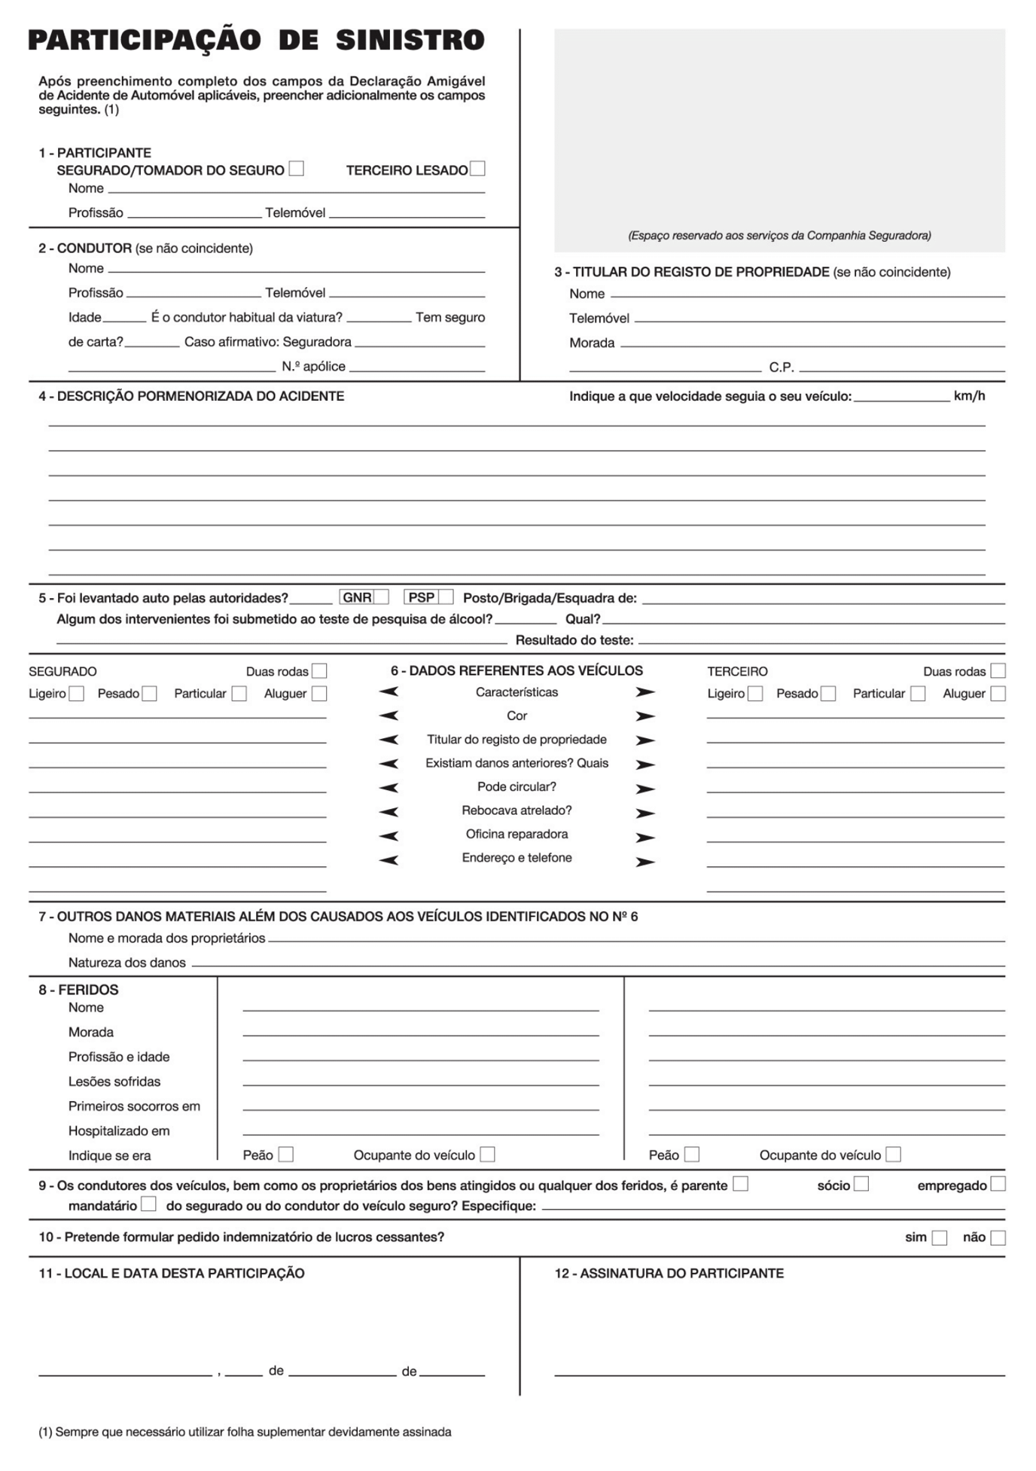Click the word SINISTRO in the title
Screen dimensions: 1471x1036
(x=410, y=40)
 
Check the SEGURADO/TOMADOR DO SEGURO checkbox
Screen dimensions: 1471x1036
(x=297, y=169)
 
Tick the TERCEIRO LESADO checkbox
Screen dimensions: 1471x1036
(x=477, y=169)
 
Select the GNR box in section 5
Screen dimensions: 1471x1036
(x=381, y=597)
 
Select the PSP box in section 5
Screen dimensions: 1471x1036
(x=446, y=597)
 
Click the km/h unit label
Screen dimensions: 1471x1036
(x=969, y=396)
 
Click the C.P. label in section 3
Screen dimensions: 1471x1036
(x=781, y=368)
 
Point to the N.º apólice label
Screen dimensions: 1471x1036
(x=313, y=367)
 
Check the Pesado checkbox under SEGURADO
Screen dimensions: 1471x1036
(x=149, y=694)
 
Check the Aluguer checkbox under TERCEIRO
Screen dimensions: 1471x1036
(x=998, y=694)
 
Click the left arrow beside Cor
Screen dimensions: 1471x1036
(x=388, y=716)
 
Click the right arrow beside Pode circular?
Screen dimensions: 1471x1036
(x=645, y=789)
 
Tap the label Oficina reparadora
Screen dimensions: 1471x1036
(x=516, y=834)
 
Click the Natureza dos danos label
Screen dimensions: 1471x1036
(x=126, y=963)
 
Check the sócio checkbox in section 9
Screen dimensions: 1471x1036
(x=861, y=1184)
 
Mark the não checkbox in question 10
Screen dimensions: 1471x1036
(x=998, y=1238)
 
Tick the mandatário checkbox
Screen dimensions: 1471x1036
(x=149, y=1204)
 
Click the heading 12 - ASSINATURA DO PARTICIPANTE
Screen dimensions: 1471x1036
(x=669, y=1274)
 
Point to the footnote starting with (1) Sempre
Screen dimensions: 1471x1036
(x=245, y=1432)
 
